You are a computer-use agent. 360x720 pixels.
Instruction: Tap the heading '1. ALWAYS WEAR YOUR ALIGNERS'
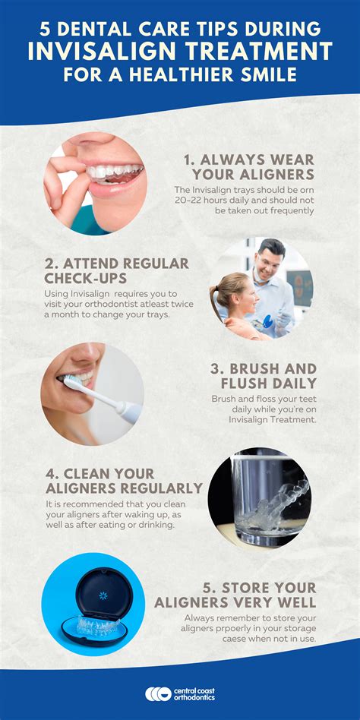(248, 167)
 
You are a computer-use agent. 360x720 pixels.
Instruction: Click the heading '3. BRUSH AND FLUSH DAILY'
(263, 376)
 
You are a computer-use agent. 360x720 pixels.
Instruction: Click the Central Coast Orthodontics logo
(180, 693)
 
